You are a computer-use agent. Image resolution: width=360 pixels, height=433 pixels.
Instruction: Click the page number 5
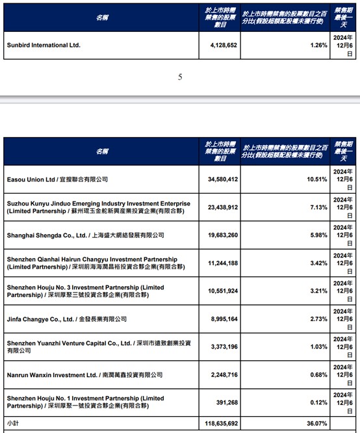click(x=180, y=77)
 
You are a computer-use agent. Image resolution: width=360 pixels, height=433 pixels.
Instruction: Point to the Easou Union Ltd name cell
click(x=57, y=179)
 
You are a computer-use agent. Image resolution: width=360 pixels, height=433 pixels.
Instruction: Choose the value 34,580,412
click(x=220, y=179)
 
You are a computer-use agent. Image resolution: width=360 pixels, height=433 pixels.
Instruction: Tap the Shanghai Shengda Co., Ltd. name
click(x=85, y=235)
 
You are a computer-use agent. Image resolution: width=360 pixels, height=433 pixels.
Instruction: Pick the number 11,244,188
click(x=220, y=263)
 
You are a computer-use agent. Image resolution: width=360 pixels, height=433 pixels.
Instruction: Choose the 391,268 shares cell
click(x=225, y=403)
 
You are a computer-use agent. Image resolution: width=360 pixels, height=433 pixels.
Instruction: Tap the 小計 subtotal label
click(x=13, y=423)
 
